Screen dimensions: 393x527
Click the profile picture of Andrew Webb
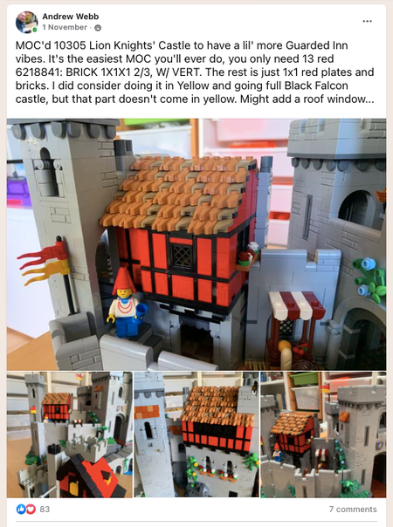tap(26, 22)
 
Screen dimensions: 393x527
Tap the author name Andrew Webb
tap(71, 17)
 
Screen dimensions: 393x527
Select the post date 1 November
tap(65, 27)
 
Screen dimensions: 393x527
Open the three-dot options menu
tap(367, 21)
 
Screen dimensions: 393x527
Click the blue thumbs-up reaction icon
tap(21, 510)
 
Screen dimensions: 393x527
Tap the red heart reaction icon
tap(31, 510)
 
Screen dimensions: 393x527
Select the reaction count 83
tap(45, 510)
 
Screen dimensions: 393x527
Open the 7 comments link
tap(353, 510)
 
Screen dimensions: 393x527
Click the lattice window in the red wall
tap(182, 257)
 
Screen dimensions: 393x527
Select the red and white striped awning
tap(296, 305)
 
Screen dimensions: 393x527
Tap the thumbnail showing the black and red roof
tap(70, 435)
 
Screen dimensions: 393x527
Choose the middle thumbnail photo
tap(196, 435)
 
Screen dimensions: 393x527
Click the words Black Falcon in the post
tap(316, 86)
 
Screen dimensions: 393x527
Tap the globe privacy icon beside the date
tap(98, 28)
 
